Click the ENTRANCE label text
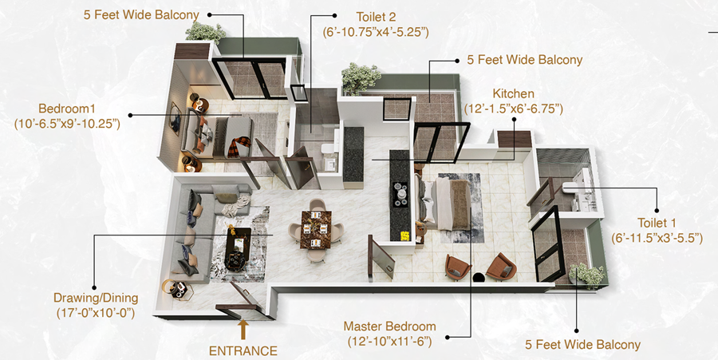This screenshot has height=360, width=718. coord(243,351)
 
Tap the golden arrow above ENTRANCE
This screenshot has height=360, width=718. coord(243,329)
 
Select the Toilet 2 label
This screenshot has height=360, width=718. coord(376,18)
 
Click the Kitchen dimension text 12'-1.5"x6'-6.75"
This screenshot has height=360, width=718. coord(513,109)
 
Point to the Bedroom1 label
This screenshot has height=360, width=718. coord(67,109)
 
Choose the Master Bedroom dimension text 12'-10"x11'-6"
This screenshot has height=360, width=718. coord(389,342)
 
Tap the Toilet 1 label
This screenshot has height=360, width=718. coord(657,223)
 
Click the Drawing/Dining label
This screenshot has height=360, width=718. coord(96,298)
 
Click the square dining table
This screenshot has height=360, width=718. coord(315,229)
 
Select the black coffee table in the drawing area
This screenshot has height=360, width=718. coord(239,247)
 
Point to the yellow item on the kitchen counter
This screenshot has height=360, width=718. coord(404,235)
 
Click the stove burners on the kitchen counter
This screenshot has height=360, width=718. coord(400,192)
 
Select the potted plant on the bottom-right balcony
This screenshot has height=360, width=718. coord(586,275)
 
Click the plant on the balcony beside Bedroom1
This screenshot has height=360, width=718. coord(205,32)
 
